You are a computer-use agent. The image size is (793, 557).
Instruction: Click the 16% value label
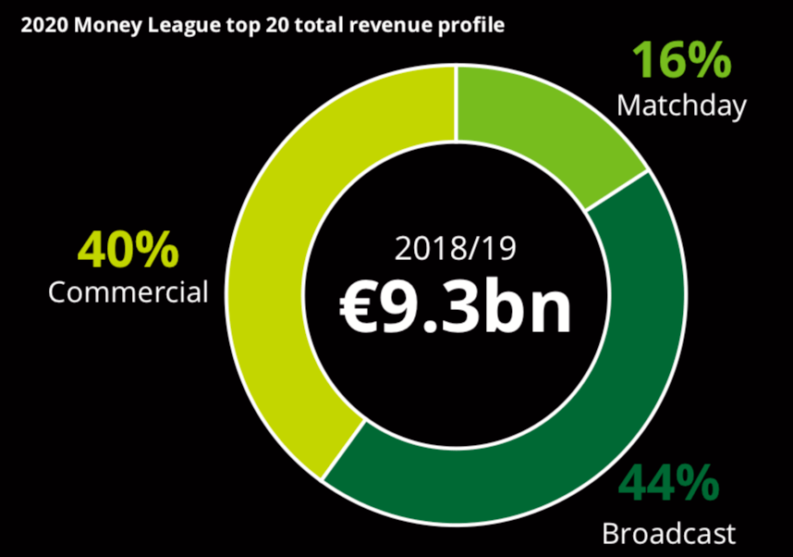click(681, 62)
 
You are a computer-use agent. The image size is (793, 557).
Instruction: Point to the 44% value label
click(668, 483)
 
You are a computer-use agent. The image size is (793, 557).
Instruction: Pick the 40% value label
click(128, 250)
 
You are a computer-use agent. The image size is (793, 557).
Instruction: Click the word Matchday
click(681, 105)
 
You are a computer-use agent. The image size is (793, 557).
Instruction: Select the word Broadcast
click(668, 534)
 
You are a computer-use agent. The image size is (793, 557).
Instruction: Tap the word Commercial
click(128, 292)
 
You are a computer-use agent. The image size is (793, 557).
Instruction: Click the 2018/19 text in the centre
click(455, 250)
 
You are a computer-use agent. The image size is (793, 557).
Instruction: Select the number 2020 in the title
click(41, 26)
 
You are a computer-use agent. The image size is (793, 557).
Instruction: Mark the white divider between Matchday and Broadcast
click(616, 191)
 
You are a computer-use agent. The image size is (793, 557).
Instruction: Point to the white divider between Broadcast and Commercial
click(342, 452)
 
